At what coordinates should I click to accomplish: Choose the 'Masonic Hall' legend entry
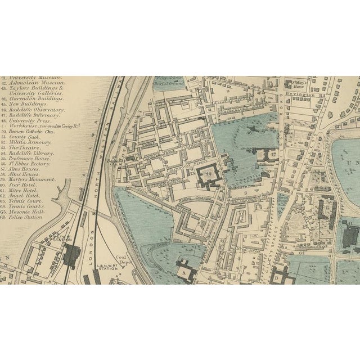(20, 211)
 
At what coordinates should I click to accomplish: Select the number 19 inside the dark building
(209, 174)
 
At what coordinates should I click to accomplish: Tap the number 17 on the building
(272, 153)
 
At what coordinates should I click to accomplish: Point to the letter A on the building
(184, 271)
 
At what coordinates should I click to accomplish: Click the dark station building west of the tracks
(71, 255)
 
